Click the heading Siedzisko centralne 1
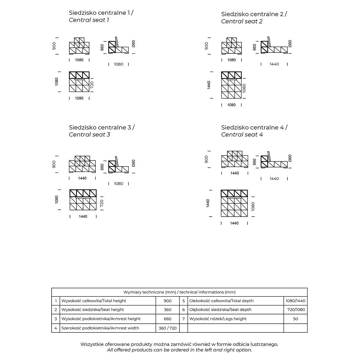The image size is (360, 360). (101, 13)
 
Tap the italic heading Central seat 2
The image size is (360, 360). (242, 21)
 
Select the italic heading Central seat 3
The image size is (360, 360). (89, 134)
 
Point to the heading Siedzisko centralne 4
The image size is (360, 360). (254, 127)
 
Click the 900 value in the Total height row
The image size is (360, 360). (168, 301)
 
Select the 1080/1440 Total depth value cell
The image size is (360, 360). (295, 301)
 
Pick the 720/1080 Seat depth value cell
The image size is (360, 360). (295, 310)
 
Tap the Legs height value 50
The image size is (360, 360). (295, 319)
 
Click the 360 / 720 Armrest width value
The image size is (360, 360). (168, 328)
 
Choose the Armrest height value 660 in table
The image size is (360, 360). (168, 319)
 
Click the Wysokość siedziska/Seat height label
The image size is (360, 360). (92, 310)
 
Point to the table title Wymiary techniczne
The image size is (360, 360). (179, 292)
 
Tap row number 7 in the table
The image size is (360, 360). (184, 319)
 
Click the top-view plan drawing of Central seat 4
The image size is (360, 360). (234, 203)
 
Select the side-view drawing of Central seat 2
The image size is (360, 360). (274, 47)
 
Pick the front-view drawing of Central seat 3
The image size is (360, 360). (82, 164)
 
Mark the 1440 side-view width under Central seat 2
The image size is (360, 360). (274, 64)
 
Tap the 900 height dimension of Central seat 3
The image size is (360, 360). (54, 164)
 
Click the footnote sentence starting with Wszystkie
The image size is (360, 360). (179, 344)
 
